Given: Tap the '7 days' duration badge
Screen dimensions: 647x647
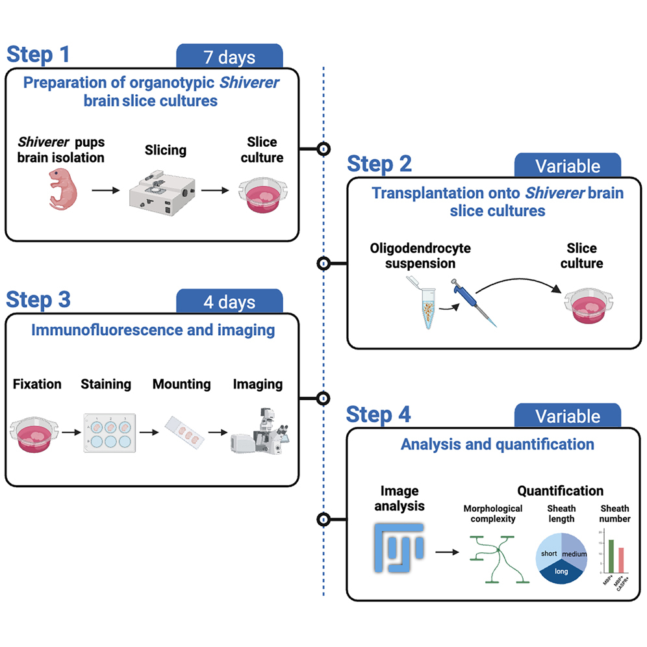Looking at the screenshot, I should (x=229, y=57).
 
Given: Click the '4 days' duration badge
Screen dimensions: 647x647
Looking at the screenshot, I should (x=229, y=302).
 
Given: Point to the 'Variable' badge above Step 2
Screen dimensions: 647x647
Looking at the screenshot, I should (x=567, y=166).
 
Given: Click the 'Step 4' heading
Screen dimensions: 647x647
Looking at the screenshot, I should (x=378, y=414).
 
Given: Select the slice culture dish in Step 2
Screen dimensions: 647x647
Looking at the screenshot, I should (x=590, y=305).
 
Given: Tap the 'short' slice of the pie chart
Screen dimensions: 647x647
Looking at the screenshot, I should (x=549, y=552).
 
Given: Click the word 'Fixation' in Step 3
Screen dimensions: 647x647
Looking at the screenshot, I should (x=37, y=384).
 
